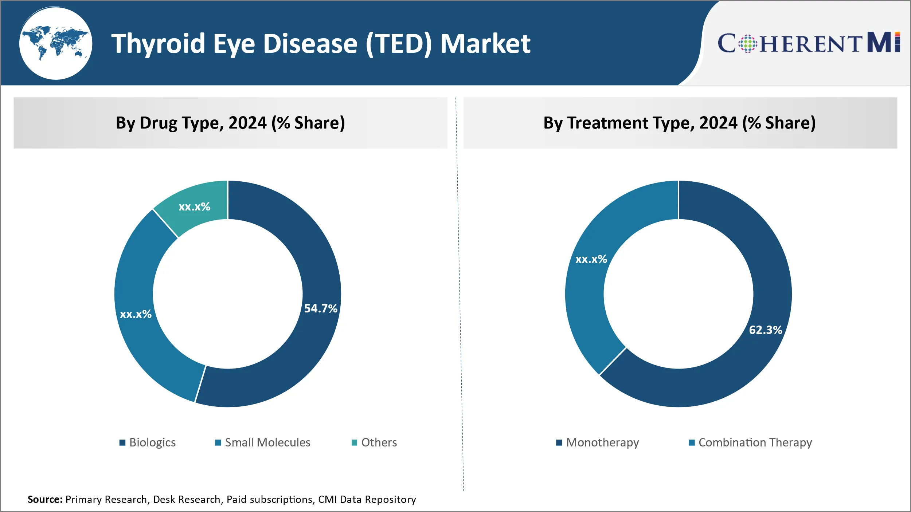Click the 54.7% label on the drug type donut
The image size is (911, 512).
321,308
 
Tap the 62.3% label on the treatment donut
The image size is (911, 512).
766,330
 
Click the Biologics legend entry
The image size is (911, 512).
148,442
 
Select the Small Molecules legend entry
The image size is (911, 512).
263,442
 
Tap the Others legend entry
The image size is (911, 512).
374,442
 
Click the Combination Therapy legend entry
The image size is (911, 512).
751,442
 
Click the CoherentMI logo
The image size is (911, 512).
809,43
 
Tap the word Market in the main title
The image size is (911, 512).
485,44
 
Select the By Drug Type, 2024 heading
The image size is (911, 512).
230,123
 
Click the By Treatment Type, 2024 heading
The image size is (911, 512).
680,123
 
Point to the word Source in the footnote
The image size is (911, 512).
44,499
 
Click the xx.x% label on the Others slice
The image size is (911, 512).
194,207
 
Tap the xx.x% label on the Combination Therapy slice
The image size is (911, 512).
591,259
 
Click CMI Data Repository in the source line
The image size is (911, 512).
367,499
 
